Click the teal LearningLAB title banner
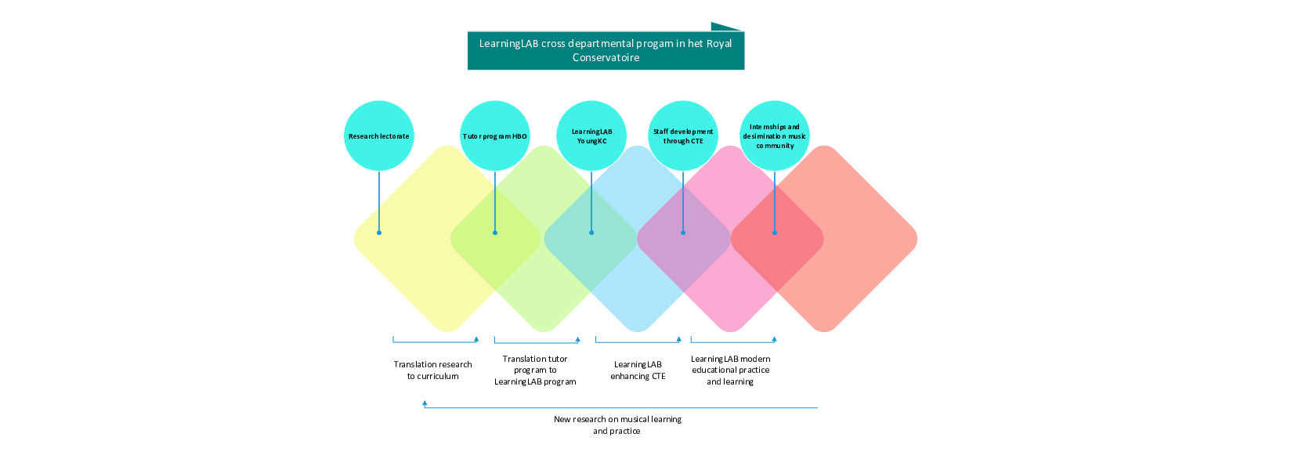[x=606, y=51]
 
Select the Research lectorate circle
[x=379, y=135]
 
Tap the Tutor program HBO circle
[x=495, y=135]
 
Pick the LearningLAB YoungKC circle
[x=591, y=135]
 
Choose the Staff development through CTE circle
[x=683, y=135]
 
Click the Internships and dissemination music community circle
[x=775, y=135]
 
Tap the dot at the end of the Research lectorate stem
[x=379, y=233]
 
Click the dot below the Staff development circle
[x=683, y=233]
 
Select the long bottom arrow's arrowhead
[x=425, y=403]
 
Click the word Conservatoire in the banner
[x=606, y=58]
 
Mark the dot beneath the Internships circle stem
[x=775, y=233]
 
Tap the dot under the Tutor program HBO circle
[x=495, y=233]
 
